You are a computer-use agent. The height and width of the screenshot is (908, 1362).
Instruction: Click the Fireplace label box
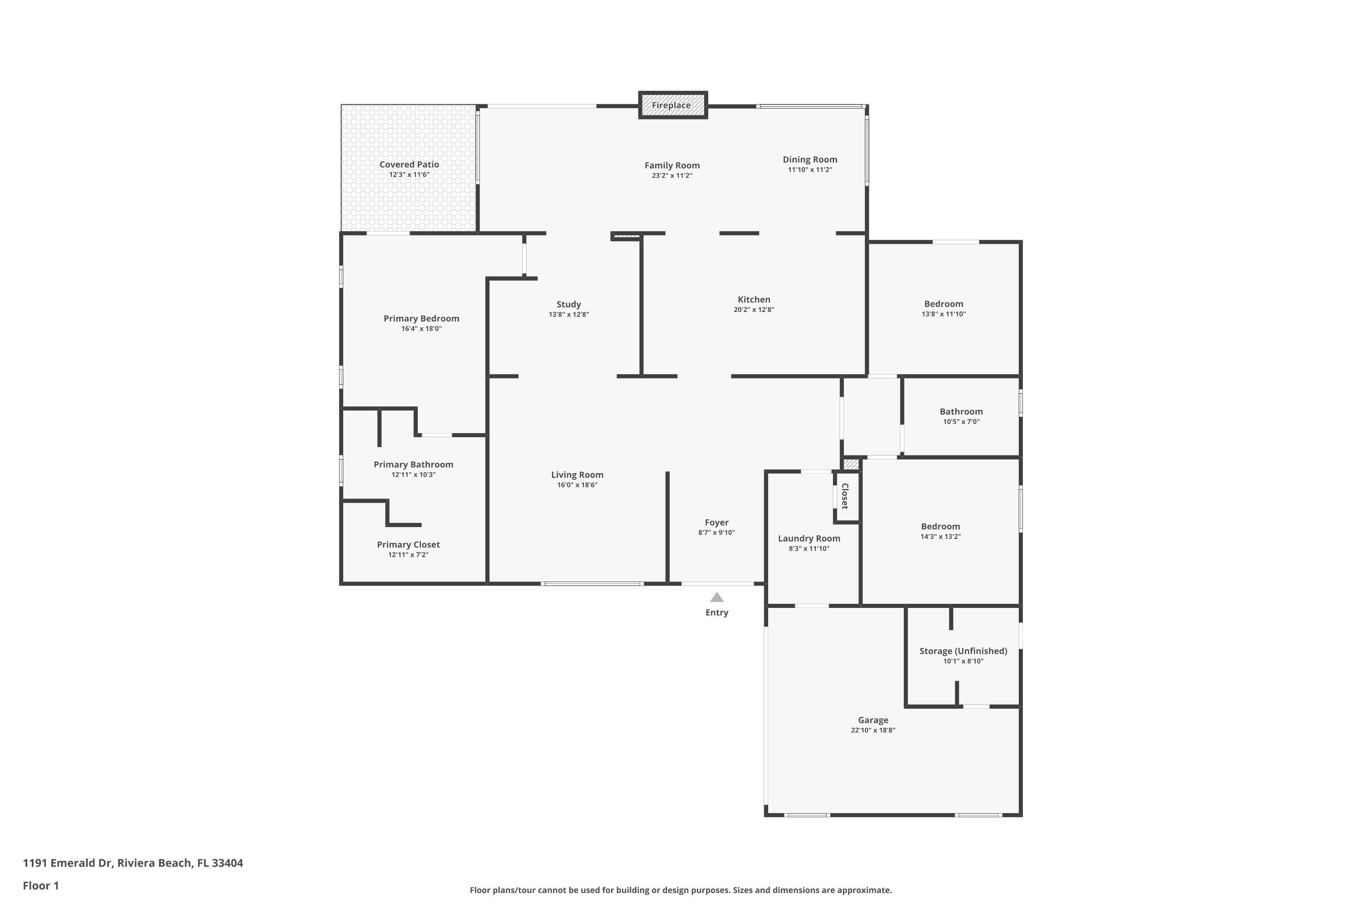pyautogui.click(x=672, y=105)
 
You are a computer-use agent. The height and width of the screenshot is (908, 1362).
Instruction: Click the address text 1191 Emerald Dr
pyautogui.click(x=67, y=863)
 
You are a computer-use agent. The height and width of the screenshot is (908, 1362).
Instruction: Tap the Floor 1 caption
pyautogui.click(x=40, y=885)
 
